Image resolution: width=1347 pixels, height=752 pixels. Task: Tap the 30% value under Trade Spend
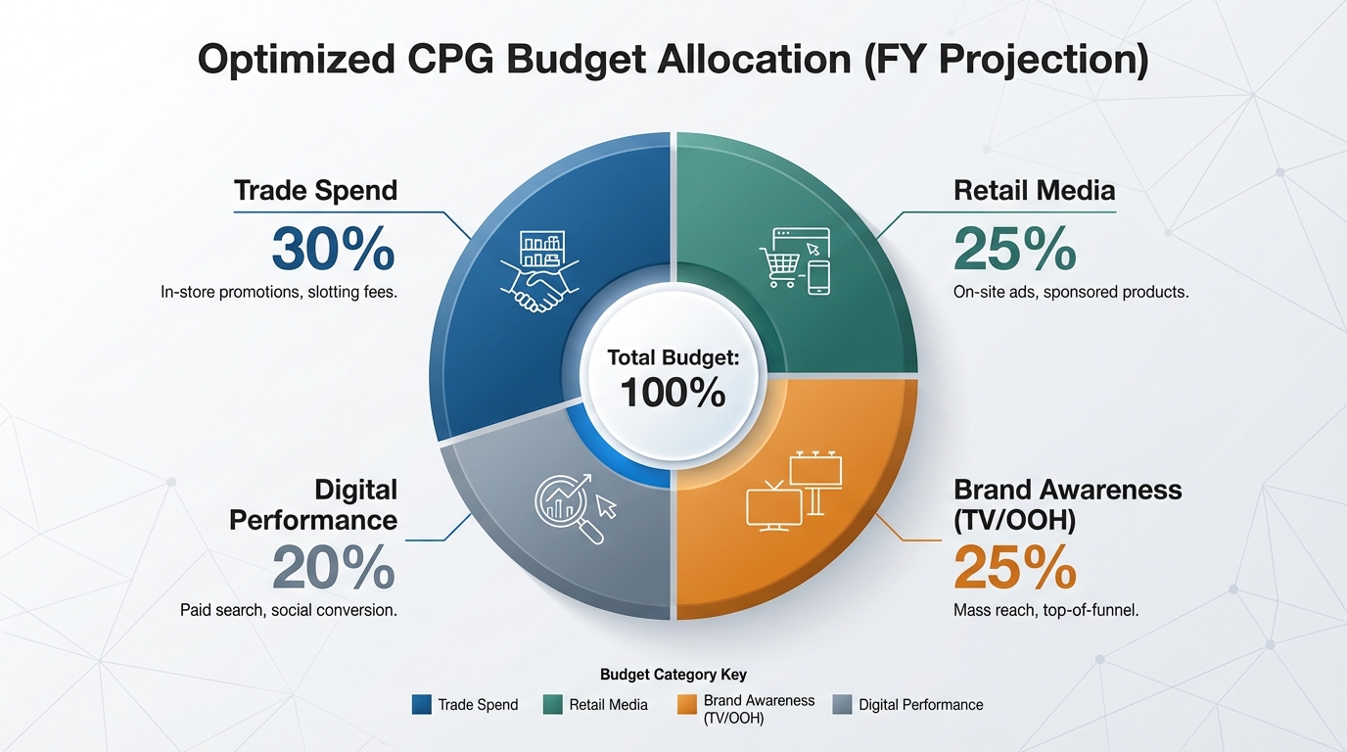coord(333,249)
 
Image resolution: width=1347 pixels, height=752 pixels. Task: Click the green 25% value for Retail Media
coord(1014,249)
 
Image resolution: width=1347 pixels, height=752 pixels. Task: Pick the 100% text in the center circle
coord(673,393)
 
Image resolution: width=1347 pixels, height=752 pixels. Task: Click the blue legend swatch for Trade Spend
coord(422,704)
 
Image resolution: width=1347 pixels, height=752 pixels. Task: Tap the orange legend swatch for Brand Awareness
coord(687,704)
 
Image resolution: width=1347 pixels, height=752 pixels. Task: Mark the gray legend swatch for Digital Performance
coord(841,704)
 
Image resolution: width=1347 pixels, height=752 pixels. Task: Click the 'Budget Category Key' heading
coord(673,675)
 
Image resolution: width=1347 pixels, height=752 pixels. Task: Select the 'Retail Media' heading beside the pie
coord(1034,190)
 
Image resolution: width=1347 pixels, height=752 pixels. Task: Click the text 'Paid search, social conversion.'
coord(288,610)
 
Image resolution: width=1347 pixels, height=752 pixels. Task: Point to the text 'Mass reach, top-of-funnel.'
coord(1045,610)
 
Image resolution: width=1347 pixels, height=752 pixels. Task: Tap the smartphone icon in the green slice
coord(819,277)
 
